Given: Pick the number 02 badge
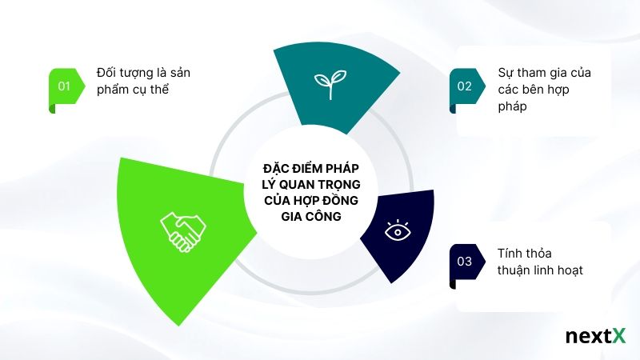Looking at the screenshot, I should tap(465, 85).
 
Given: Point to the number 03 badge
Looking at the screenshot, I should tap(465, 260).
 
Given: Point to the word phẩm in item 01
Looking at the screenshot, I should tap(112, 90).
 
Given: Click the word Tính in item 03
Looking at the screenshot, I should tap(509, 254).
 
